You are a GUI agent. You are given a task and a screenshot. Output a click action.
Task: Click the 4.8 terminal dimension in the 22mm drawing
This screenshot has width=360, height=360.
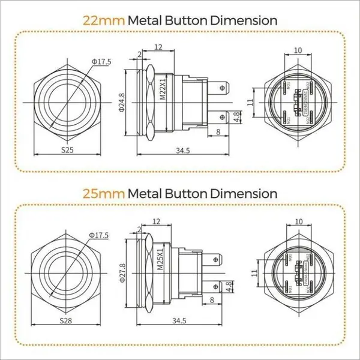coord(237,116)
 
